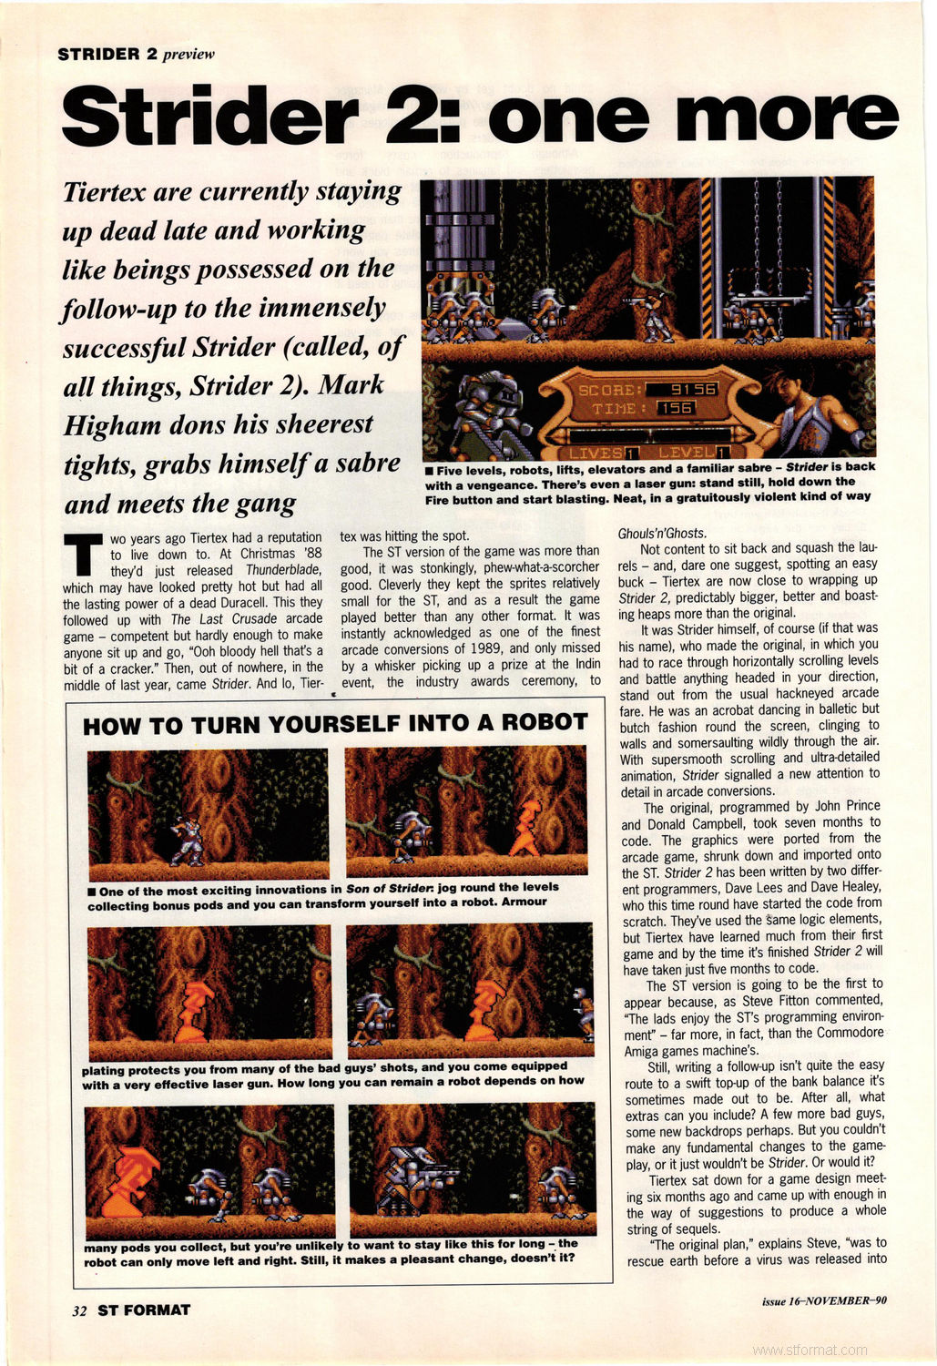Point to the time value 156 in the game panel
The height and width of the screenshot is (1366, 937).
coord(676,408)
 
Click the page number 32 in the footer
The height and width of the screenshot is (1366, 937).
coord(79,1310)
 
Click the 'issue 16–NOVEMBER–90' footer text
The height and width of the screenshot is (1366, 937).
coord(824,1300)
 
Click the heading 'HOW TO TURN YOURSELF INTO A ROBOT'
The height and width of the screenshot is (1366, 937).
coord(335,723)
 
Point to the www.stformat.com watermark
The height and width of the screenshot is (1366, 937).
coord(810,1351)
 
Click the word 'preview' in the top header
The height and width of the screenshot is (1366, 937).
coord(188,54)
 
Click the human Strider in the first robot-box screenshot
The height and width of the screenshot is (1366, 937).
coord(188,840)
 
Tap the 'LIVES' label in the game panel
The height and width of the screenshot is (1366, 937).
coord(596,453)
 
